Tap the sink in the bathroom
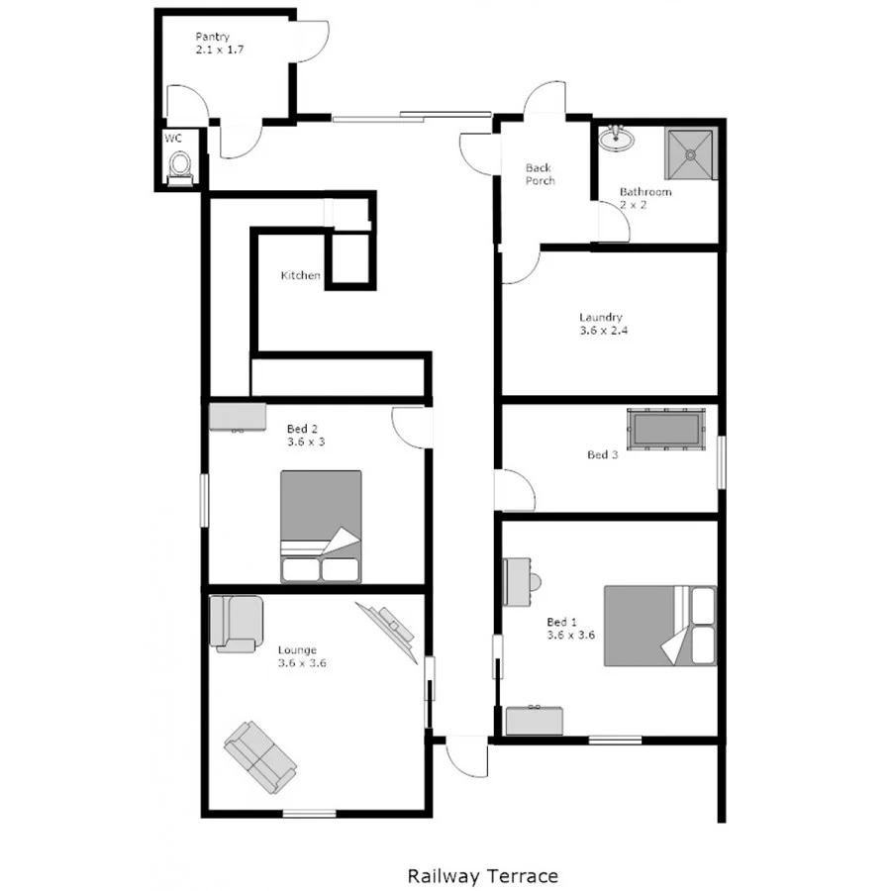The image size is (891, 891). (616, 139)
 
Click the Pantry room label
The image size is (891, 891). (212, 43)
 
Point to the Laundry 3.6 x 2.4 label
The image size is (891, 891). (601, 324)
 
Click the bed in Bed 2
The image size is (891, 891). (321, 526)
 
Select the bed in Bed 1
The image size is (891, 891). (659, 625)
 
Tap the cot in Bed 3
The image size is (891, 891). (668, 430)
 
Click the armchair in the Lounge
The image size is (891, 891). (236, 623)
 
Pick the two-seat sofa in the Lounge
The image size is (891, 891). (260, 757)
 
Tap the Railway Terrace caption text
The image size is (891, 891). (482, 876)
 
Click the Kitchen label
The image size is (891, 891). (300, 275)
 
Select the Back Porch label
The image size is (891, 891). (540, 174)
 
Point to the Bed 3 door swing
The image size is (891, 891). (514, 490)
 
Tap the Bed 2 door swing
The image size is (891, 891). (411, 426)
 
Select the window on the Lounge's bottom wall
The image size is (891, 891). (309, 814)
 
